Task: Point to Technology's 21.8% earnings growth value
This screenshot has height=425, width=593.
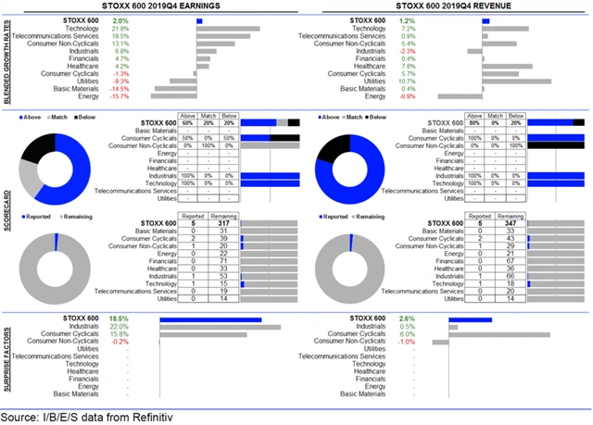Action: click(x=120, y=29)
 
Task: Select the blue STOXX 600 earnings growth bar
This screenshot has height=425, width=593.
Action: click(x=199, y=20)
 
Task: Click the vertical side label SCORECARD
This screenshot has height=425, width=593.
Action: click(x=6, y=214)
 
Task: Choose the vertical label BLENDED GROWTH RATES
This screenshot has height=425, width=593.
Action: click(x=6, y=60)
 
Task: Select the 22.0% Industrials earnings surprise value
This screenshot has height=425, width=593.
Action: click(x=120, y=326)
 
